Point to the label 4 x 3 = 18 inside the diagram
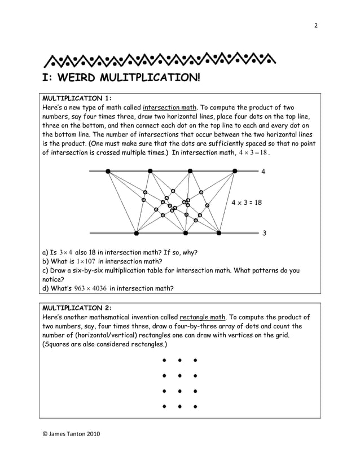pos(248,201)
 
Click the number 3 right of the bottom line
pos(263,232)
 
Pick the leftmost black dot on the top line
pos(108,170)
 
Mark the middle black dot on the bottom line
pos(186,232)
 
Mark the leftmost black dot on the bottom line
pos(136,232)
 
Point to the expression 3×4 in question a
pos(67,252)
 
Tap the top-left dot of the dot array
pos(164,359)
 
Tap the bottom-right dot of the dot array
pos(195,406)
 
